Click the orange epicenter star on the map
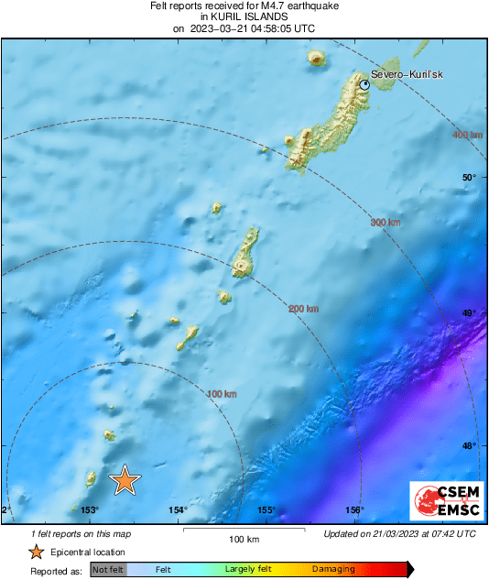pos(125,479)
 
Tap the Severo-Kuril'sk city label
pos(407,75)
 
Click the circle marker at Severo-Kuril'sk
pos(364,84)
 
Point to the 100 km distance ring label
pos(222,394)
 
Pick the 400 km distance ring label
pos(467,136)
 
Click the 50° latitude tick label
pos(468,178)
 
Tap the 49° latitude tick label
pos(468,313)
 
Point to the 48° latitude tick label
pos(468,445)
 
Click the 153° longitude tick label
pos(89,510)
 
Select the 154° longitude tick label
pos(178,510)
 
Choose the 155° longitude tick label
pos(266,510)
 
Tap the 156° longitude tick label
pos(355,510)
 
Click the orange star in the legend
pos(36,552)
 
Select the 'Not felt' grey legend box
pos(109,570)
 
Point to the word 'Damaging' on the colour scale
pos(332,570)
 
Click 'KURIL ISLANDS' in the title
pos(244,16)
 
